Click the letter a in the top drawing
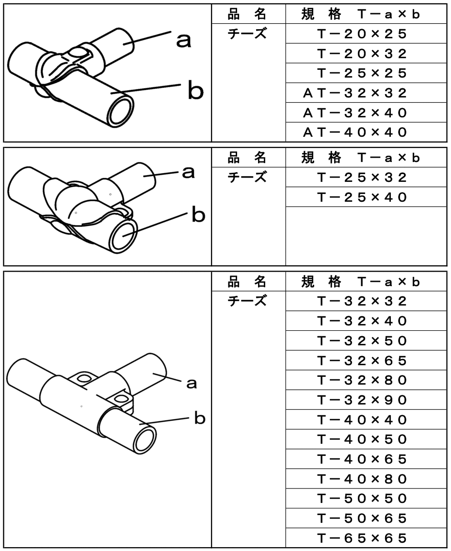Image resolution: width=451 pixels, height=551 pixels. click(x=183, y=41)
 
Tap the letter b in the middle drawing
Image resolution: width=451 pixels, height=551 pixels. click(x=198, y=214)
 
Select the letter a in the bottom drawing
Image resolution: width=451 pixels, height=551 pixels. click(x=192, y=384)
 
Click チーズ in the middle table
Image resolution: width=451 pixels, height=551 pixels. click(x=247, y=177)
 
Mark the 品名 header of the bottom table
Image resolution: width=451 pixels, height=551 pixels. click(x=247, y=281)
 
